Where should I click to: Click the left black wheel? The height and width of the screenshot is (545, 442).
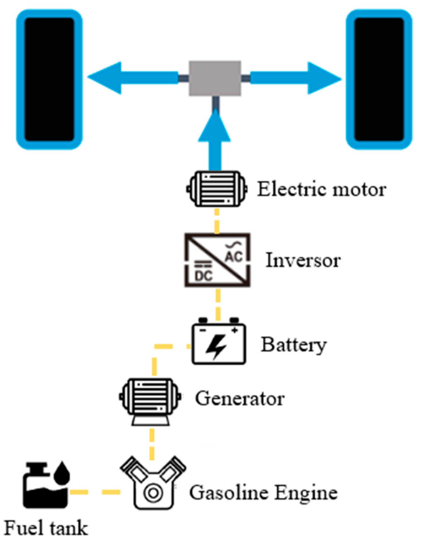click(x=49, y=79)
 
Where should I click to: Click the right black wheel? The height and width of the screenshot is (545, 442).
click(x=379, y=79)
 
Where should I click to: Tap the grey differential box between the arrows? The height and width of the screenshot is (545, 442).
click(x=215, y=78)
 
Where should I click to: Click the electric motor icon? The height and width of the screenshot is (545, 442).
click(x=217, y=189)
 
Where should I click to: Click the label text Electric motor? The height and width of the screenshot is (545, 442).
click(x=321, y=189)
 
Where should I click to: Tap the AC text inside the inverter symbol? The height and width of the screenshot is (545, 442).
click(x=234, y=256)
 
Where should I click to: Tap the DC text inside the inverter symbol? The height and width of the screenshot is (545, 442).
click(x=204, y=275)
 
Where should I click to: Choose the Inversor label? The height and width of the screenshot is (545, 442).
click(x=303, y=260)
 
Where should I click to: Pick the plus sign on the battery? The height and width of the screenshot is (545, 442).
click(x=234, y=330)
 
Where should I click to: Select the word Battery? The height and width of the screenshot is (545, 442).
click(x=293, y=345)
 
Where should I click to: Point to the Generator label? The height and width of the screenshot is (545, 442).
click(x=240, y=398)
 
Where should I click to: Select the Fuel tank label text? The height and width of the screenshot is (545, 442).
click(x=46, y=528)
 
